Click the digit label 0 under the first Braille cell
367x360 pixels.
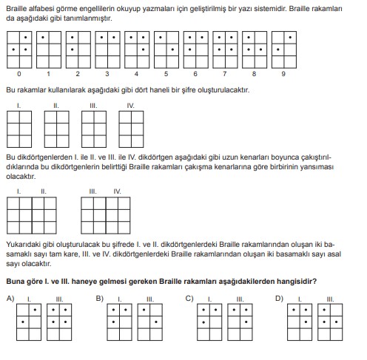19,74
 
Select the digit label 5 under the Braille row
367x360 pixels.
166,74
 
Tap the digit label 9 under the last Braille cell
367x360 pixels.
283,74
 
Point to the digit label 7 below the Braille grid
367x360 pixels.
225,74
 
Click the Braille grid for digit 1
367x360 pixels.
49,50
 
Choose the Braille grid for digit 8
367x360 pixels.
255,50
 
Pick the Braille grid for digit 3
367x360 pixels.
107,50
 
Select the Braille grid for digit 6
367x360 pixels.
196,50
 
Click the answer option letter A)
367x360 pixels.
10,299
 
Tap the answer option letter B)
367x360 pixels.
100,299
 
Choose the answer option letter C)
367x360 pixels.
189,299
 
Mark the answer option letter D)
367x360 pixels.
279,299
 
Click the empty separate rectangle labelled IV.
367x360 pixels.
131,129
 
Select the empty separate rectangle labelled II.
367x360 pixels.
57,129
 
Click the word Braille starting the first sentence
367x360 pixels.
16,9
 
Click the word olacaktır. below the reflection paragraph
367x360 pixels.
21,177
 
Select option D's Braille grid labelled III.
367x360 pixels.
330,322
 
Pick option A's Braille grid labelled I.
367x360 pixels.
29,322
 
